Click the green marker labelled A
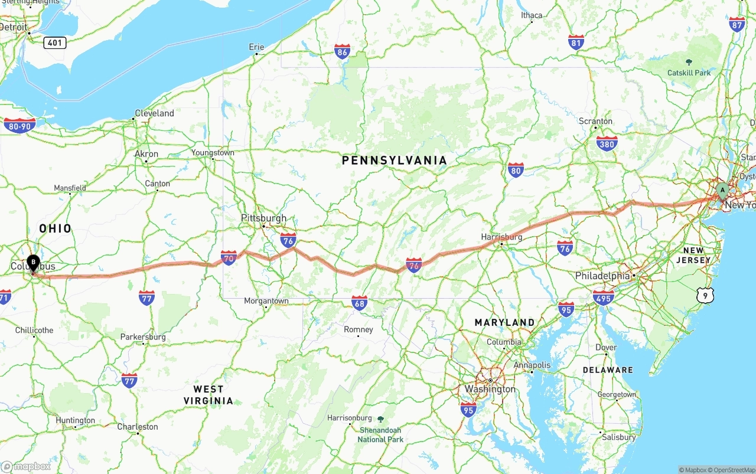[x=722, y=191]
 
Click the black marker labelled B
[x=33, y=261]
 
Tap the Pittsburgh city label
[x=263, y=218]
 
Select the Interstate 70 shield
[x=229, y=257]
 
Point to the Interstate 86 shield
[x=342, y=51]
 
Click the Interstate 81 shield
[x=576, y=42]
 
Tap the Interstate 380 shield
[x=607, y=143]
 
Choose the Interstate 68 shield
[x=359, y=303]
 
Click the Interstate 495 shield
[x=603, y=297]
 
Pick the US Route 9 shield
[x=705, y=295]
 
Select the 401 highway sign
[x=54, y=43]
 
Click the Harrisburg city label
[x=501, y=237]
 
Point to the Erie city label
[x=256, y=47]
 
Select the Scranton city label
[x=595, y=121]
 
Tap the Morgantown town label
[x=266, y=301]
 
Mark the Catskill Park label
[x=689, y=73]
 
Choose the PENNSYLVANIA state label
[x=394, y=161]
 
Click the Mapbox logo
[x=26, y=466]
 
